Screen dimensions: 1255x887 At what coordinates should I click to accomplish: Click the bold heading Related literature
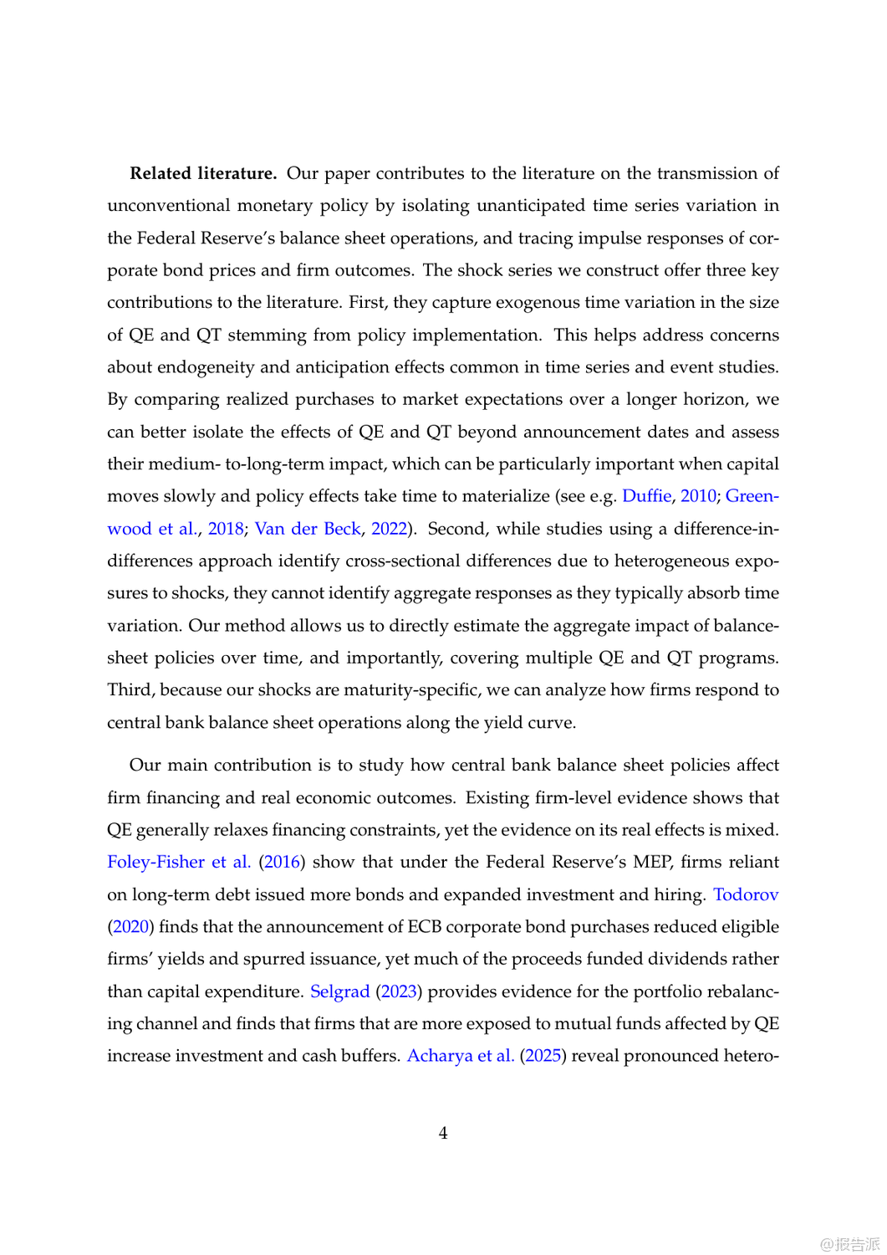(202, 173)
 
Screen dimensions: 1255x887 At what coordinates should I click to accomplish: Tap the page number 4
(443, 1133)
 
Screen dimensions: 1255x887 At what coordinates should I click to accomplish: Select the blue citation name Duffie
(646, 495)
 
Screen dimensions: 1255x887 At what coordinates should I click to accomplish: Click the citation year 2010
(698, 495)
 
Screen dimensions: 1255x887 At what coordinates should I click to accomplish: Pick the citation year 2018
(226, 528)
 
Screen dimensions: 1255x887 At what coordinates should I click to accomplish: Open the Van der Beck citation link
(308, 528)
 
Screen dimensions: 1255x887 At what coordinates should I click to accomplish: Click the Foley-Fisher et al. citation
(179, 862)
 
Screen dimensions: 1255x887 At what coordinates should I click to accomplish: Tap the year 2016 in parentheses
(282, 862)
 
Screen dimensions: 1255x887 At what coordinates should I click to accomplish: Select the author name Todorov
(746, 894)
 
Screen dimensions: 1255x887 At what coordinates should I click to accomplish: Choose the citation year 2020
(130, 926)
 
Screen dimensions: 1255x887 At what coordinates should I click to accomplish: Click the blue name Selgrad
(339, 991)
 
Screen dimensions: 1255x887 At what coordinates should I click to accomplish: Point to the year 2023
(399, 991)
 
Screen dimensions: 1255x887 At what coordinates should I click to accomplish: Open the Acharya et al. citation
(460, 1055)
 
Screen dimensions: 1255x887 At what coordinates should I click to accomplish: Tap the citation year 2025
(543, 1055)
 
